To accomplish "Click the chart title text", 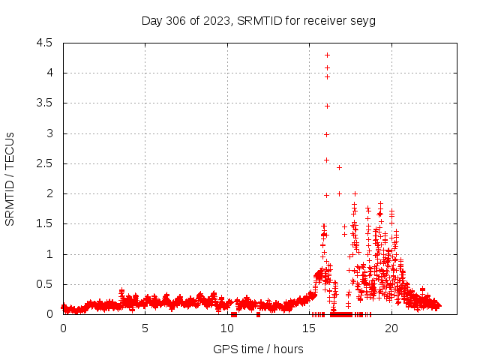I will tap(259, 20).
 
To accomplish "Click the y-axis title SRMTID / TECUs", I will tap(10, 178).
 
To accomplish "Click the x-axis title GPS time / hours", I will tap(258, 349).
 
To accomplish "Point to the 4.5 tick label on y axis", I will tap(44, 43).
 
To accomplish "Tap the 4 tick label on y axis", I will tap(49, 73).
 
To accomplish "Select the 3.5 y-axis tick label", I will tap(44, 103).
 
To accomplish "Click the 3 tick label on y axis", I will tap(49, 133).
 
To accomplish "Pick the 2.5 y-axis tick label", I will tap(44, 163).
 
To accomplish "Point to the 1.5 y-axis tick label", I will tap(44, 223).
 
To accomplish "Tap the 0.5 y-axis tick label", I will tap(44, 284).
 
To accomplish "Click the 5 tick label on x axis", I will tap(145, 328).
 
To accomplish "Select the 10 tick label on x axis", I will tap(227, 328).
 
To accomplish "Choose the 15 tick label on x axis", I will tap(309, 328).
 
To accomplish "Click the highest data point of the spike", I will tap(327, 55).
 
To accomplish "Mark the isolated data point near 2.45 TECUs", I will tap(339, 167).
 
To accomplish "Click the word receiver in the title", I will tap(325, 20).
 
